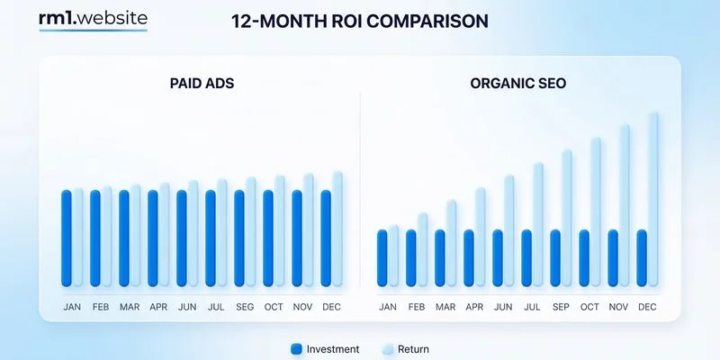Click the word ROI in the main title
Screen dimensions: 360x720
pos(330,20)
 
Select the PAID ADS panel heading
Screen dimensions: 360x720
pos(202,84)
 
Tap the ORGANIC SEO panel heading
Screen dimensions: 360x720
pos(517,84)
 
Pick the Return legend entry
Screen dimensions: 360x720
pos(405,349)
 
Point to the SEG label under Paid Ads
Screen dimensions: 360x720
pos(245,307)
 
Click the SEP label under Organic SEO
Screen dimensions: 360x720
pos(561,307)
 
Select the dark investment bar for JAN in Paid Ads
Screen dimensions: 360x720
pos(67,238)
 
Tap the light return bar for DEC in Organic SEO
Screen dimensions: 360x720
pos(653,198)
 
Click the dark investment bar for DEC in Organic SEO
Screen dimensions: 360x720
pos(642,258)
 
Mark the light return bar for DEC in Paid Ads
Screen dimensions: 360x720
pos(337,229)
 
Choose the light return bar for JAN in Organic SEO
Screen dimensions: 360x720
pos(393,256)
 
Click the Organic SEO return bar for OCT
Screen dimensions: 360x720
pos(596,211)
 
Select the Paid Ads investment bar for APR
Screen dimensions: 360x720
pos(153,238)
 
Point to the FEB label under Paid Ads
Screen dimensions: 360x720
pos(101,307)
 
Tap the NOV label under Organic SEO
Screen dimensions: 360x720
pos(618,307)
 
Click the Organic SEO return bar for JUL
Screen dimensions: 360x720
pos(538,225)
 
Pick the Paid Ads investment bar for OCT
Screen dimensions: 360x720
pos(268,238)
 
